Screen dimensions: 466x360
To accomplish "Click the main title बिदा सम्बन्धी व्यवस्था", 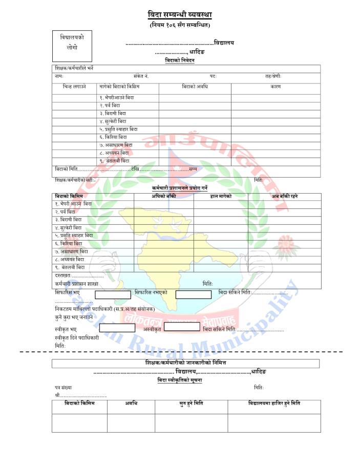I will pos(180,15).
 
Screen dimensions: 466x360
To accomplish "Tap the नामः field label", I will pos(59,76).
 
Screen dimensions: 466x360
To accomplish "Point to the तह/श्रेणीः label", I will pos(273,76).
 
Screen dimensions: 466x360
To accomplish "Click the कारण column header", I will pos(276,87).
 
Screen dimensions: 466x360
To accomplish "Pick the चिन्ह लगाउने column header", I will pos(72,87).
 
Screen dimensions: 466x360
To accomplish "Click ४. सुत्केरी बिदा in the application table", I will pos(113,121).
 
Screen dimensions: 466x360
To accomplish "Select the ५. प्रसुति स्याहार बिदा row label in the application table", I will pos(118,130).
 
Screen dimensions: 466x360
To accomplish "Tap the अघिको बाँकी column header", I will pos(164,196).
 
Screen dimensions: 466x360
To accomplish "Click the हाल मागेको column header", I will pos(221,196).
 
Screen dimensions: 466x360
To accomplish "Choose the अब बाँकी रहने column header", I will pos(285,196).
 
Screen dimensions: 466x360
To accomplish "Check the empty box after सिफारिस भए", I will pos(113,294).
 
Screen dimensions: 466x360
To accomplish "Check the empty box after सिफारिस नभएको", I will pos(193,294).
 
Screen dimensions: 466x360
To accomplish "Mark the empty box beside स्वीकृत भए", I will pos(117,328).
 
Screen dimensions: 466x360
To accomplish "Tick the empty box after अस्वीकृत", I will pos(182,327).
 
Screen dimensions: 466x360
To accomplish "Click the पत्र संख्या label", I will pos(63,388).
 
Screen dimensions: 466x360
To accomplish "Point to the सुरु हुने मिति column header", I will pos(191,404).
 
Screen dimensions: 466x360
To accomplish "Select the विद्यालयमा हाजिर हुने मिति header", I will pos(274,404).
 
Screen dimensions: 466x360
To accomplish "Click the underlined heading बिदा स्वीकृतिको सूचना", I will pos(180,380).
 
